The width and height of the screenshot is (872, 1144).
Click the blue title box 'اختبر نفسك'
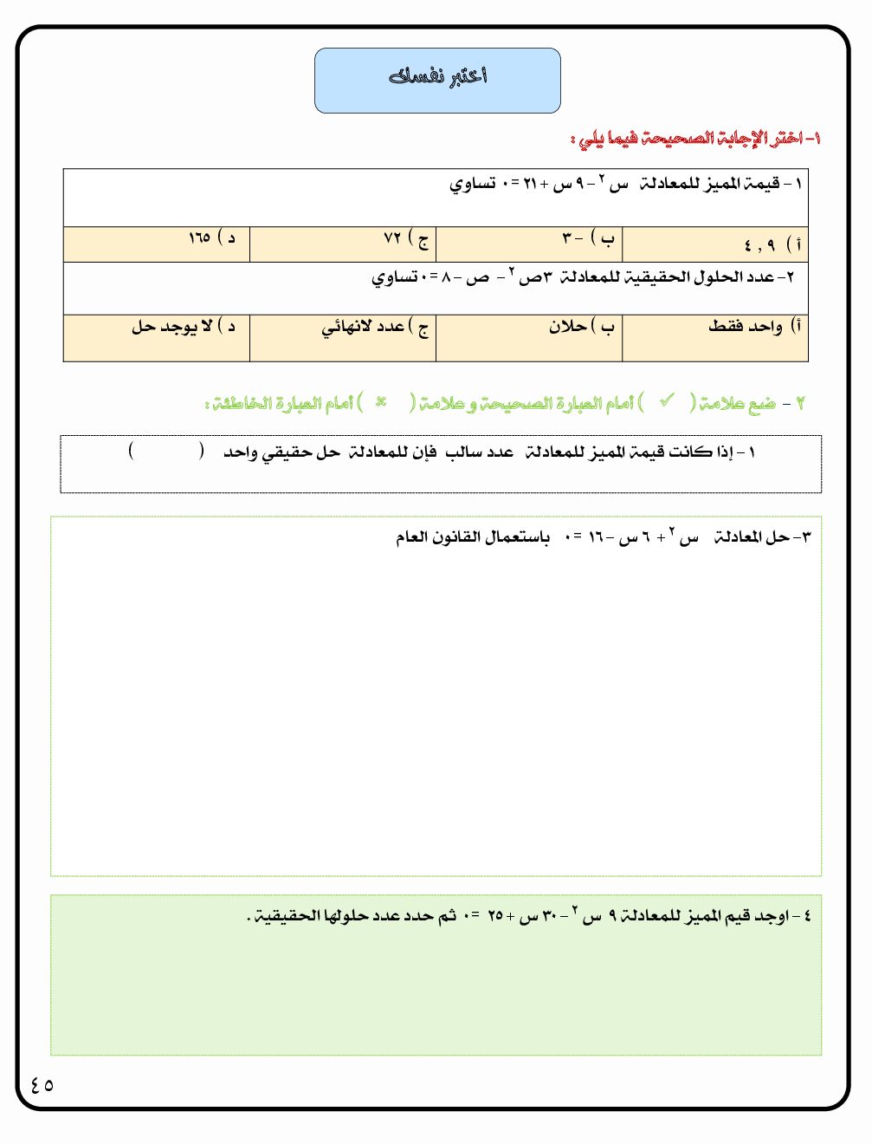tap(437, 80)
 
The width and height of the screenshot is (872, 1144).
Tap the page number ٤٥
tap(42, 1084)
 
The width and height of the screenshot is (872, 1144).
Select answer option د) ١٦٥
tap(211, 237)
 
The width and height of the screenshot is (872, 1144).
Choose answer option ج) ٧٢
tap(405, 238)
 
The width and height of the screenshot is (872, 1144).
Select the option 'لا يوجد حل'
tap(183, 327)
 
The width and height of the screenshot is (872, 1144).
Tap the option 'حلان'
tap(580, 327)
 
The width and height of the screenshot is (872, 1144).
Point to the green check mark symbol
tap(667, 401)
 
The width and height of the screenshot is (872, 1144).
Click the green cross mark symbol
tap(380, 402)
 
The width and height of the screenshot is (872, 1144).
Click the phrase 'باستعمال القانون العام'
tap(473, 537)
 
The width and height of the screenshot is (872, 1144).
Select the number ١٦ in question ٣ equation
tap(597, 538)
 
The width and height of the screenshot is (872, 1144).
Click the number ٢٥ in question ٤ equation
tap(495, 916)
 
